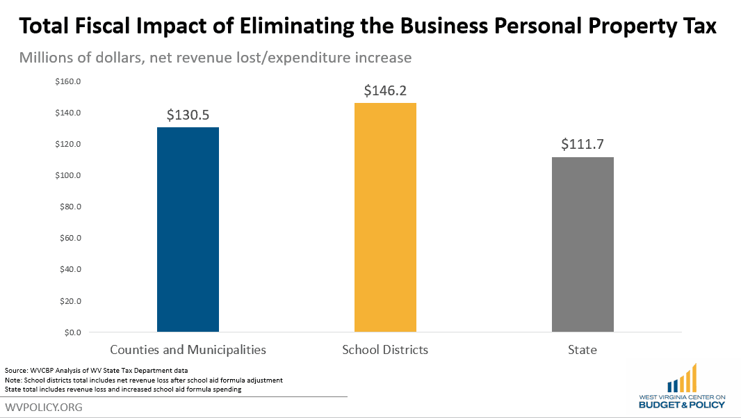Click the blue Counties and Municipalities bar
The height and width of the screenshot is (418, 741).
click(x=188, y=230)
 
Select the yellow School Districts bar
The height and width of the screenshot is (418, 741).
click(x=385, y=217)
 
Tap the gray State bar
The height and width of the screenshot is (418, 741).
click(x=583, y=244)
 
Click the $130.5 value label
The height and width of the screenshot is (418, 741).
click(x=188, y=115)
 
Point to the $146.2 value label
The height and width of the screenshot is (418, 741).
click(x=385, y=90)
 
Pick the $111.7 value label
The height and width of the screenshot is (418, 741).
click(x=583, y=145)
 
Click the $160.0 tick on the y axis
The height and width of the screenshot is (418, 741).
click(x=69, y=81)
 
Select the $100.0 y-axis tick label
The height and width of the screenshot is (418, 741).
click(x=69, y=175)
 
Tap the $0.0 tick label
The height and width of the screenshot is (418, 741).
click(x=71, y=332)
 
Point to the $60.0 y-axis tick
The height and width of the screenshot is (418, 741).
click(x=70, y=238)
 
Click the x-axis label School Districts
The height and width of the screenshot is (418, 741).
click(x=385, y=350)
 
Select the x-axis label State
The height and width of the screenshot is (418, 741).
click(x=583, y=350)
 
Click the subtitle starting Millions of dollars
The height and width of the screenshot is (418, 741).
click(x=215, y=58)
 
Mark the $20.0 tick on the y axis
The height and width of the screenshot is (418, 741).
click(x=70, y=301)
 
